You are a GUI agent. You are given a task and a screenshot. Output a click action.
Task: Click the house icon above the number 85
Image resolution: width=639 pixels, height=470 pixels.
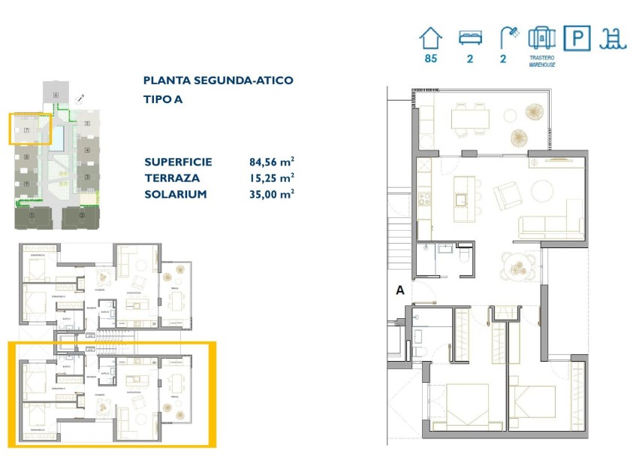point(430,38)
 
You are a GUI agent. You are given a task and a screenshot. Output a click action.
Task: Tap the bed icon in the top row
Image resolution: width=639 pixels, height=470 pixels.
point(470,38)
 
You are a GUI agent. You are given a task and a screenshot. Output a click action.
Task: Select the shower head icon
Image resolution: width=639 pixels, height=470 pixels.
point(508,38)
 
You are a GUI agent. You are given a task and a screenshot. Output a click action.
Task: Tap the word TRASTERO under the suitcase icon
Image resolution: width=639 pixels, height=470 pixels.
point(541,57)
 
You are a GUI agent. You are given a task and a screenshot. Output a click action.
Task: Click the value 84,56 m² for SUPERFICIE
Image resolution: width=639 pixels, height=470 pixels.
point(271,162)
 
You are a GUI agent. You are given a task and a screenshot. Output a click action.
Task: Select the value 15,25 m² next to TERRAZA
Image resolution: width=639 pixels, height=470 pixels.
point(271,177)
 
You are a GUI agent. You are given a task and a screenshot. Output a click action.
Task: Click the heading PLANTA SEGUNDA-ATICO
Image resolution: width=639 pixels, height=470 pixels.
point(218,80)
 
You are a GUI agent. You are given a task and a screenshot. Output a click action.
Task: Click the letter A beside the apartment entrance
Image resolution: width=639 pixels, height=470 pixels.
point(399,289)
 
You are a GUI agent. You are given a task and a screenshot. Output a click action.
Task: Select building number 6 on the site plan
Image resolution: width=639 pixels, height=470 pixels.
point(56,96)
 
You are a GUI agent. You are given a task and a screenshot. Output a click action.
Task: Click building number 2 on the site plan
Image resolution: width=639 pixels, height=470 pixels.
point(82,218)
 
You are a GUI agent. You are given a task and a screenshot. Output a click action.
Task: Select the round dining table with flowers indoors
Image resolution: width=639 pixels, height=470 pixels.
point(518,263)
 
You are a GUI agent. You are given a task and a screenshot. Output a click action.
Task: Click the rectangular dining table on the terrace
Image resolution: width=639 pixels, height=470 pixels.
point(470,118)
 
